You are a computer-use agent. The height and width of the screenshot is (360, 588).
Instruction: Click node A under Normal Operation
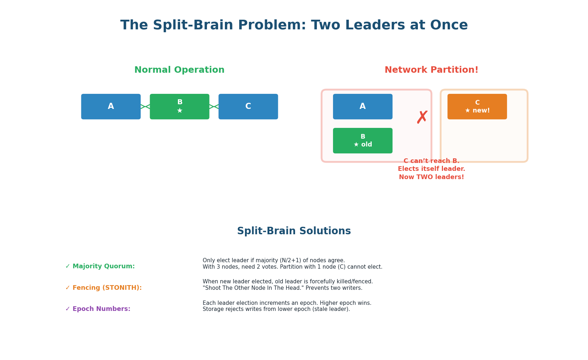pos(111,107)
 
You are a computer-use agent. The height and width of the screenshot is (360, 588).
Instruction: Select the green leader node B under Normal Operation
pos(179,107)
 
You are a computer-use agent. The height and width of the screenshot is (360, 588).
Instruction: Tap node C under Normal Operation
pos(248,107)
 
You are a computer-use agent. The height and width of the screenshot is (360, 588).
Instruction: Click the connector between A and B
pos(145,107)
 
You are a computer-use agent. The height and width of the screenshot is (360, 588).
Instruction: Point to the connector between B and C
pos(214,107)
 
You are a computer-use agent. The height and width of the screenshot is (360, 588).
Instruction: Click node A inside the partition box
pos(362,107)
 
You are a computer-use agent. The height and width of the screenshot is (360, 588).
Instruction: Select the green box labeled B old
pos(362,141)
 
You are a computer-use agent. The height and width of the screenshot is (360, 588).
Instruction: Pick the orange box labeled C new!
pos(477,107)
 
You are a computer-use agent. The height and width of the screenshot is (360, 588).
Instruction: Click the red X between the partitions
pos(422,117)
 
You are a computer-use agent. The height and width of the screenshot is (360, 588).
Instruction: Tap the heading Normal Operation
pos(179,70)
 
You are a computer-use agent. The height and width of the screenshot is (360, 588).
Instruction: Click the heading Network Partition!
pos(431,70)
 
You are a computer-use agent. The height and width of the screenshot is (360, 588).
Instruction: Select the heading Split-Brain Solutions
pos(294,231)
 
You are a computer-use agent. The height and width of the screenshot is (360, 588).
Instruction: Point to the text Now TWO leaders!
pos(431,177)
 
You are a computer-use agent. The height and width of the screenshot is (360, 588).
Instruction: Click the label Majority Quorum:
pos(103,267)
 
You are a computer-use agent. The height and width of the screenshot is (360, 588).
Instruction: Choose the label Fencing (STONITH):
pos(107,288)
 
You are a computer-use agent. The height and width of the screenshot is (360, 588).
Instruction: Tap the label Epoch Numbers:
pos(101,309)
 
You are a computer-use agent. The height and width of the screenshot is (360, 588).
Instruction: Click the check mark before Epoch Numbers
pos(68,309)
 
